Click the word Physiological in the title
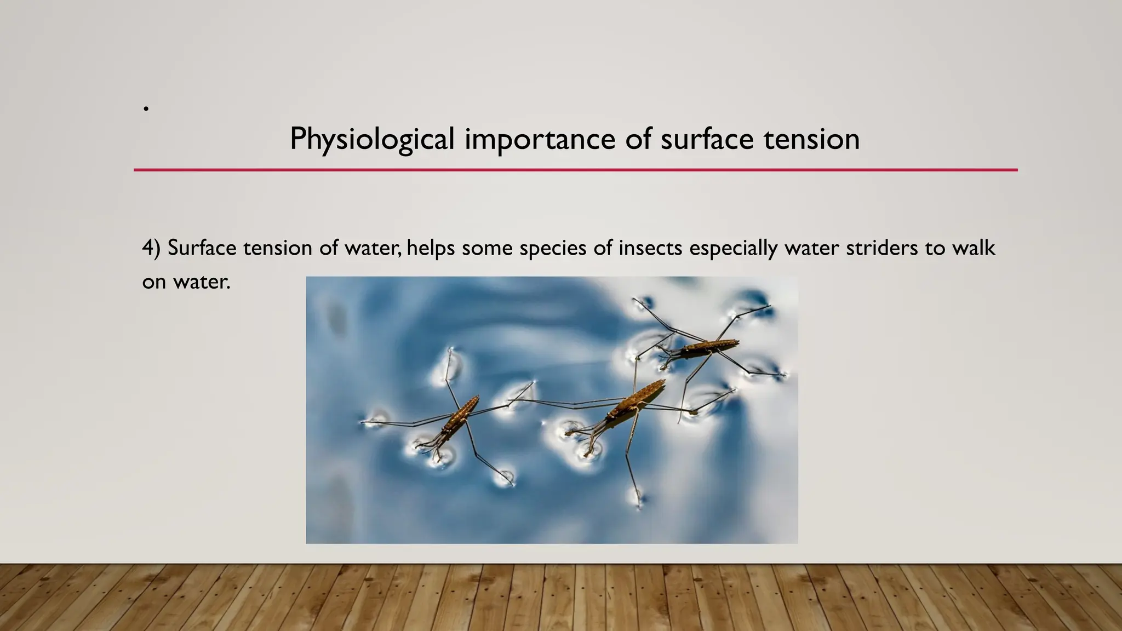tap(372, 139)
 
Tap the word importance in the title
tap(540, 139)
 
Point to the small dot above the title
tap(146, 109)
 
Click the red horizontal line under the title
tap(575, 170)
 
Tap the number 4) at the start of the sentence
tap(151, 248)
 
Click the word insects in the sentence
tap(650, 248)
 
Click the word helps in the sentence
tap(431, 248)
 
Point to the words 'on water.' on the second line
tap(186, 282)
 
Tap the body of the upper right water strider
tap(707, 347)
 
